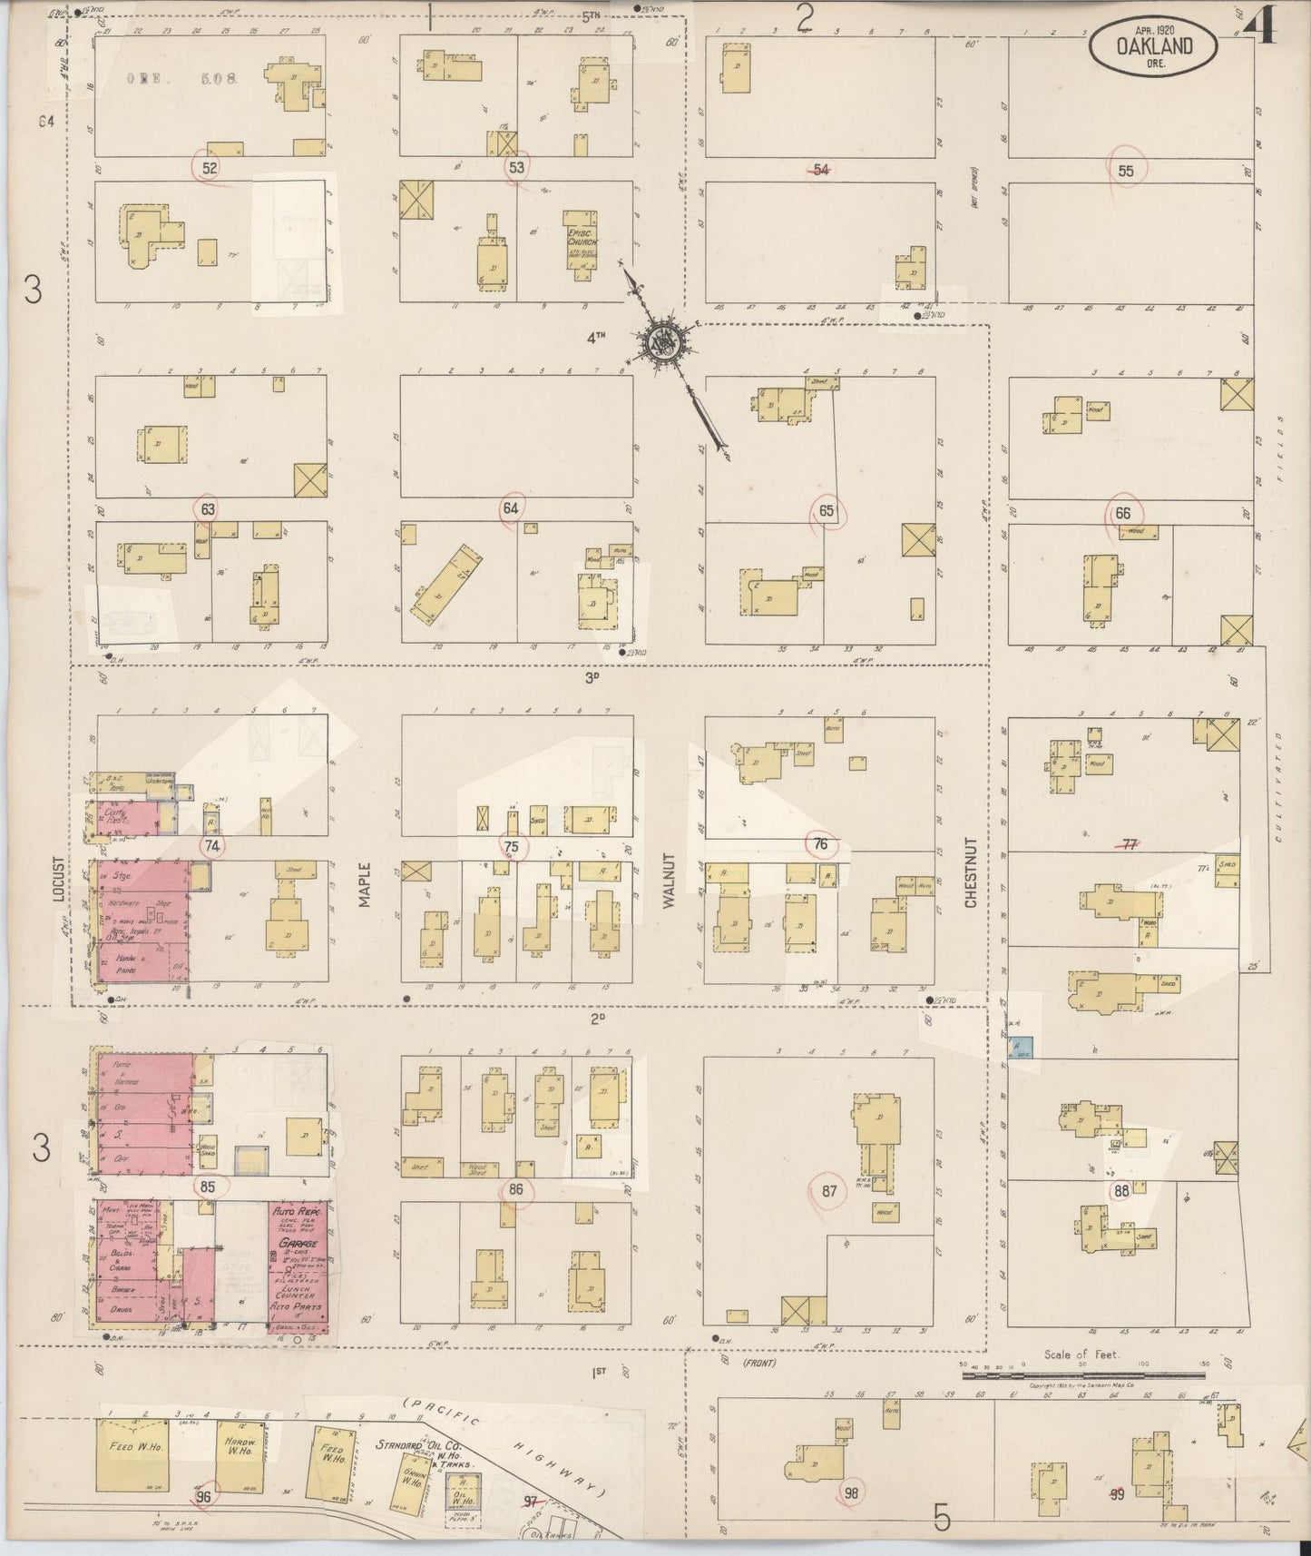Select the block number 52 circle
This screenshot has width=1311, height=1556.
[210, 168]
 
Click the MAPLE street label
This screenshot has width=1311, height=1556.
[365, 882]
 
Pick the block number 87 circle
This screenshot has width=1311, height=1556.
[829, 1190]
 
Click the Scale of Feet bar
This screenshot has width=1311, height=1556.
[1085, 1375]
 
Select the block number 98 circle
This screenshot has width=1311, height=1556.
[850, 1491]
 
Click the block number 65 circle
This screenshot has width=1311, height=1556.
[827, 511]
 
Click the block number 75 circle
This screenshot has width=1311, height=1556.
[513, 845]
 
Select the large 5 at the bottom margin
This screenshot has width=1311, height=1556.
[943, 1516]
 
